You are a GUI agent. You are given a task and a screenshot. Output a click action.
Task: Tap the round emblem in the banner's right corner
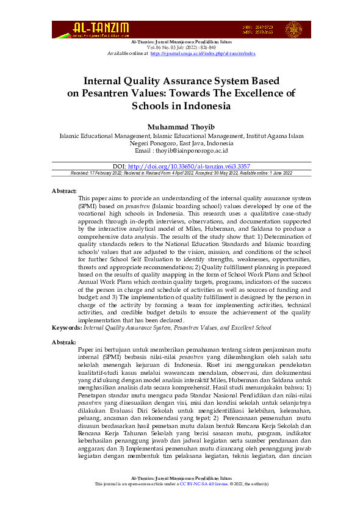[293, 30]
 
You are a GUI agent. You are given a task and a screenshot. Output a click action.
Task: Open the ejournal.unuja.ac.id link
[203, 53]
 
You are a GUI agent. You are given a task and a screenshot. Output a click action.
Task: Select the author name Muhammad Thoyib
[181, 126]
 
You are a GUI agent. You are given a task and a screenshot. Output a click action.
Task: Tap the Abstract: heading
[64, 191]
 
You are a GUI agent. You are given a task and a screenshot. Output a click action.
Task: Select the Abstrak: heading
[64, 342]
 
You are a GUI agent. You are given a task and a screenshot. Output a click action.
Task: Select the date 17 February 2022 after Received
[110, 173]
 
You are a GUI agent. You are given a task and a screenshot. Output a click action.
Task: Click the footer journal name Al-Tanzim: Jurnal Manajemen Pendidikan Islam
[181, 478]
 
